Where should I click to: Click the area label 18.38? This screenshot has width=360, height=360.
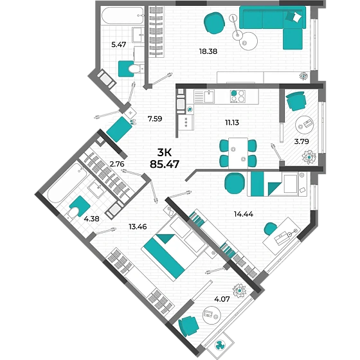point(208,51)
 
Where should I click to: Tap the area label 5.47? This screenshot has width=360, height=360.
point(118,44)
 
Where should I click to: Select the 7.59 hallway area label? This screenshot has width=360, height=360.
point(155,119)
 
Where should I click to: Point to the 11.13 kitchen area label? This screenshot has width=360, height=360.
point(232,122)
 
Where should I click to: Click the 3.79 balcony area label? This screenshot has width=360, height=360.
point(301,141)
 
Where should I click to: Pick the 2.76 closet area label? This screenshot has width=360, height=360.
point(117,164)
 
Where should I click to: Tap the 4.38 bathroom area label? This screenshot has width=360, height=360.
point(91,219)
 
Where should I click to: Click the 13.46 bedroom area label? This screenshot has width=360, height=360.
point(138,226)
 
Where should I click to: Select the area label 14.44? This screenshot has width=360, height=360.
point(244,214)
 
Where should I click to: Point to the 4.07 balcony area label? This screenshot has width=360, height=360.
point(222,299)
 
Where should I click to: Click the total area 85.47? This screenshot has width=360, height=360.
point(165,164)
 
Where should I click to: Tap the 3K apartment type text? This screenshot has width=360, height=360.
point(165,152)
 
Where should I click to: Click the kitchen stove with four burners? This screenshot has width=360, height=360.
point(238,96)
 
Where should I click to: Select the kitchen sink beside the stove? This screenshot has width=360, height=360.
point(204,96)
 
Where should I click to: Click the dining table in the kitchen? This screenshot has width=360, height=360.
point(238,153)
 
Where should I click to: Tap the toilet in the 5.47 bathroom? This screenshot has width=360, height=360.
point(136,69)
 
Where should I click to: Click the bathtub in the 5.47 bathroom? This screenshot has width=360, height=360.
point(123,15)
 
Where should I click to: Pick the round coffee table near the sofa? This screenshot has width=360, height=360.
point(248,41)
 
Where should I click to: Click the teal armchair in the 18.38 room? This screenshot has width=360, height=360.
point(214,23)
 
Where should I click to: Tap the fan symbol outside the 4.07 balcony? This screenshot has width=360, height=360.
point(221,345)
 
